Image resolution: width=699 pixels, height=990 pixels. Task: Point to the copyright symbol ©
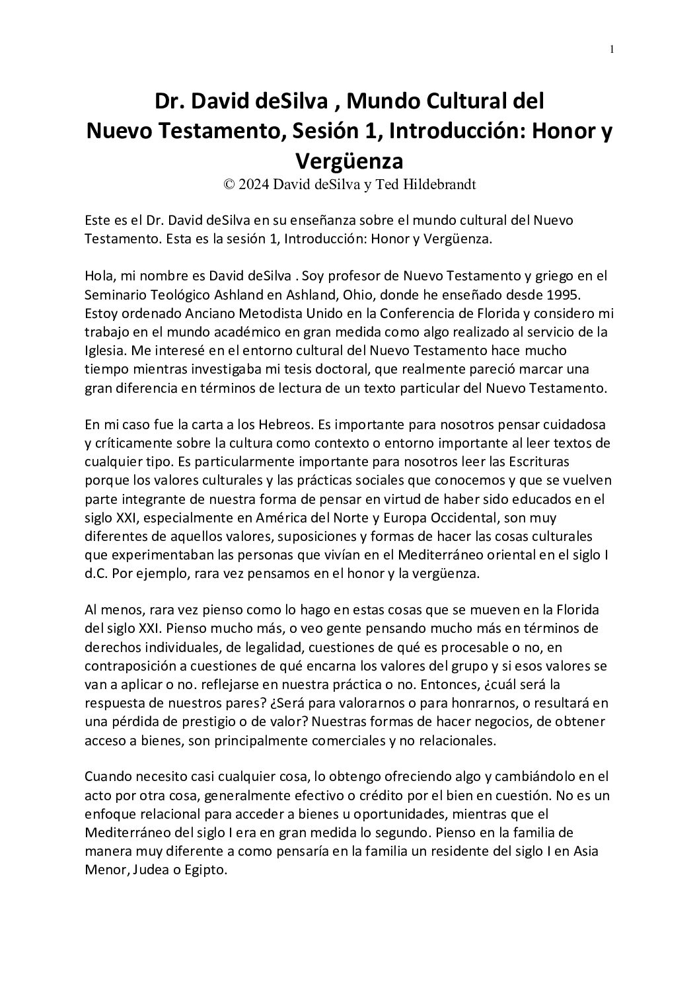coord(229,185)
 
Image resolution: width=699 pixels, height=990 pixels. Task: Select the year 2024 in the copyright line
coord(255,185)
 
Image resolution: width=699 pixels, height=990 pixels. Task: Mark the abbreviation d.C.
coord(96,574)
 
